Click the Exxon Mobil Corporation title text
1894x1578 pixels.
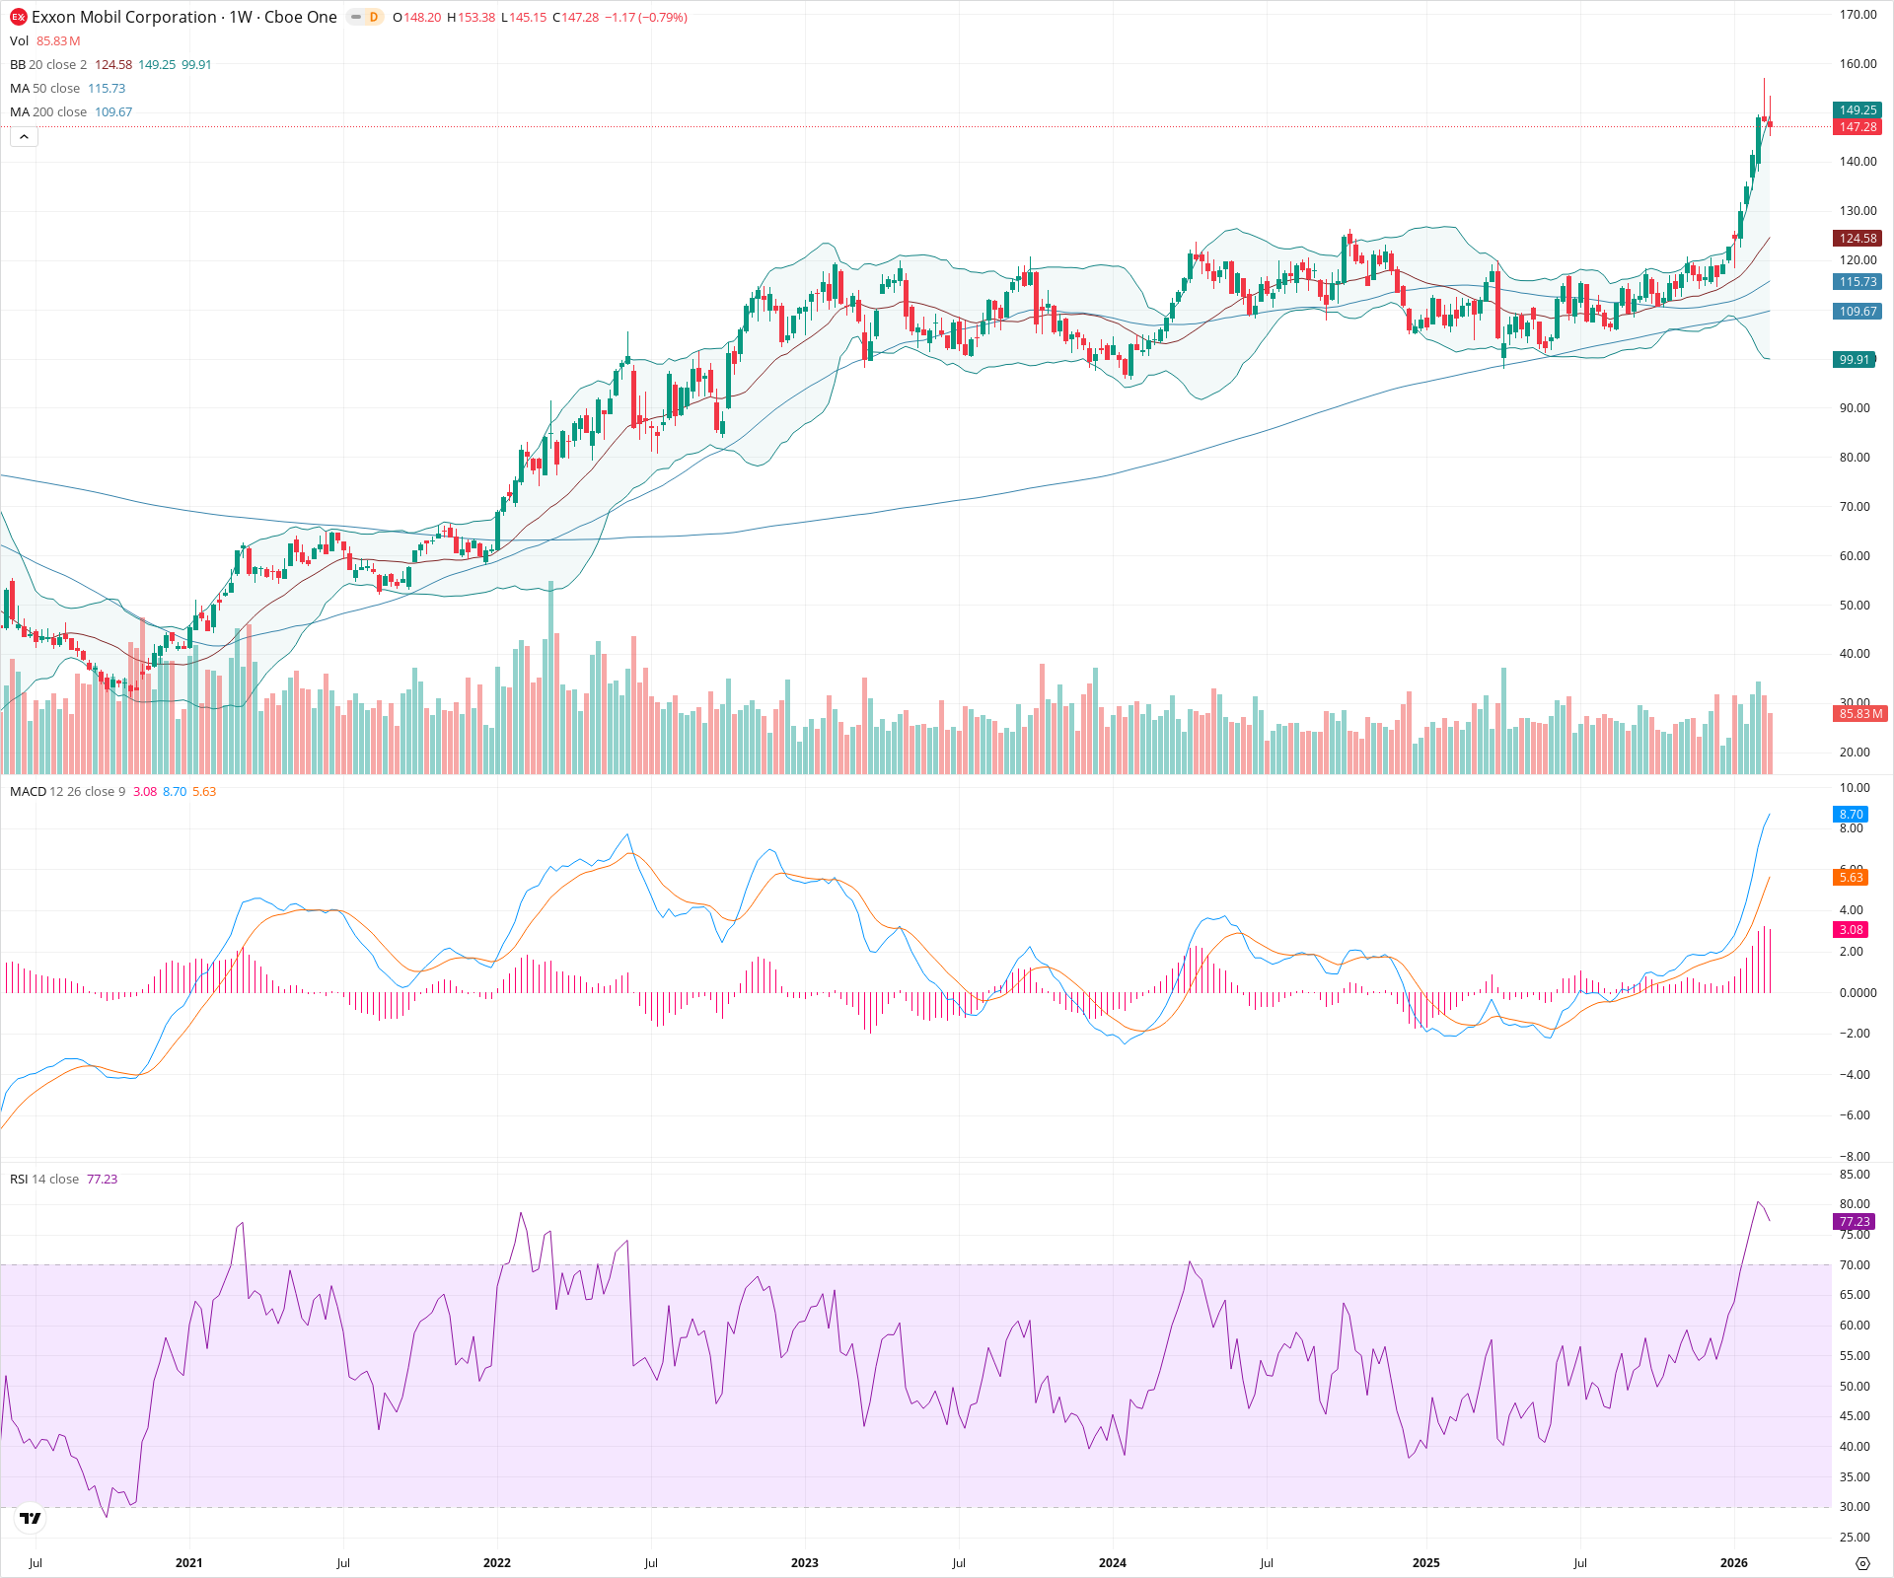pos(123,17)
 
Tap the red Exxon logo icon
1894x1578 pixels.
pos(18,17)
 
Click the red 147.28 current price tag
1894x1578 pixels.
pos(1858,127)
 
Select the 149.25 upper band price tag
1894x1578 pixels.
pos(1858,110)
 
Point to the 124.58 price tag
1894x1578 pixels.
pos(1858,239)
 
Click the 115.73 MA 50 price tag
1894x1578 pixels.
pos(1858,282)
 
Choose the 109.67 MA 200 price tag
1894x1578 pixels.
pos(1858,312)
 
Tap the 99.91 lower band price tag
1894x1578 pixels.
pos(1855,360)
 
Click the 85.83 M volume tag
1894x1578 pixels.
pos(1860,714)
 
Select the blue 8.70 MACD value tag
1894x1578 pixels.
pos(1851,815)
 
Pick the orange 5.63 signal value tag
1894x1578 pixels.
pos(1851,878)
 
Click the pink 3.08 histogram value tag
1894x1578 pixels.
pos(1851,930)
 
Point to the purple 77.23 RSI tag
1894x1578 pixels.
pos(1855,1222)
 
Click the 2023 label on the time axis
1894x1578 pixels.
pos(805,1563)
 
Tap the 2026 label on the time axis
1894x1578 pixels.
pos(1733,1563)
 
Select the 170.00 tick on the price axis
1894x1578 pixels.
pos(1858,15)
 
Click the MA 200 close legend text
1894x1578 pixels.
pos(48,112)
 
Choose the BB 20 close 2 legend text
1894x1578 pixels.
pos(48,65)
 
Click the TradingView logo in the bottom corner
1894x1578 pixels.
pos(31,1519)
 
